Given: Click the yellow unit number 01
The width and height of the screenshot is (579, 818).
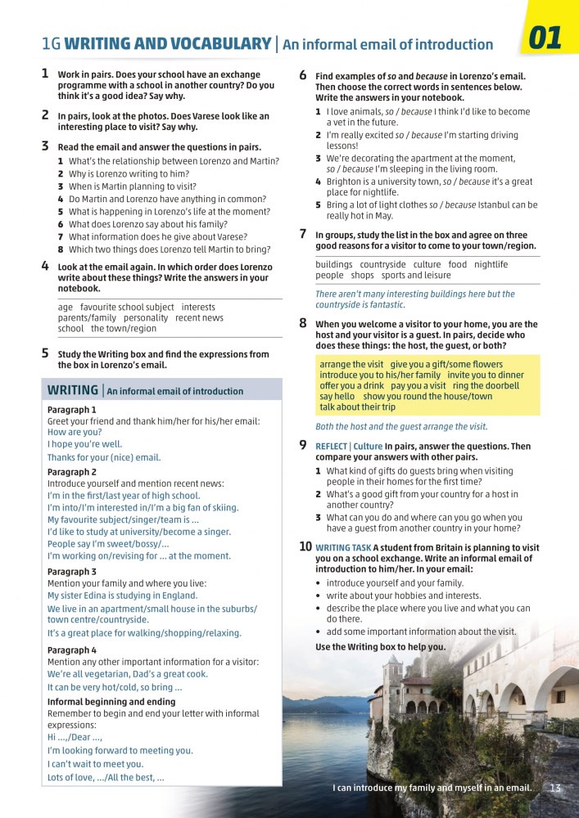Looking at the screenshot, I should (x=545, y=39).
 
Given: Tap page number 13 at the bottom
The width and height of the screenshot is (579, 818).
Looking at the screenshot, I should (x=555, y=788).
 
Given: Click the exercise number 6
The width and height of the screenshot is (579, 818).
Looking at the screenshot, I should (x=303, y=75).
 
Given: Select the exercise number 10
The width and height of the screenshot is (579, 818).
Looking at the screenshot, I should (x=305, y=546).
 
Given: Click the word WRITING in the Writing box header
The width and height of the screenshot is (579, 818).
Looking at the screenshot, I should (x=73, y=390).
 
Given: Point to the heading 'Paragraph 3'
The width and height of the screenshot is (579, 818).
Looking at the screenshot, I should (x=72, y=572).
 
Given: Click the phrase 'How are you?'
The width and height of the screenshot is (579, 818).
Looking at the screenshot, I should (x=75, y=432).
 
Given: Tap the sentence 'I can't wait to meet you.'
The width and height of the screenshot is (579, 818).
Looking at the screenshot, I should (x=95, y=764).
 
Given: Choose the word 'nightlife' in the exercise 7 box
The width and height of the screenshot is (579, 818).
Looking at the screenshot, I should (x=491, y=264).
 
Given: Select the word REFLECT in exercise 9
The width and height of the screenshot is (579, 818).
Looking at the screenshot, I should (x=332, y=447).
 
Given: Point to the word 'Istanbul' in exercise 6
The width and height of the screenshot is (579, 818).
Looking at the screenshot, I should (x=478, y=204).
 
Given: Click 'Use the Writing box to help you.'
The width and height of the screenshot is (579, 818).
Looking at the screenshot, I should (x=381, y=646).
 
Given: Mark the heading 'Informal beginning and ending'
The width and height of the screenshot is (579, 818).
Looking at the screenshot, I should (x=111, y=702).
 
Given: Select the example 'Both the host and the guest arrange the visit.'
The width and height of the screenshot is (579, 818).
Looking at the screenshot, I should (x=401, y=426).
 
